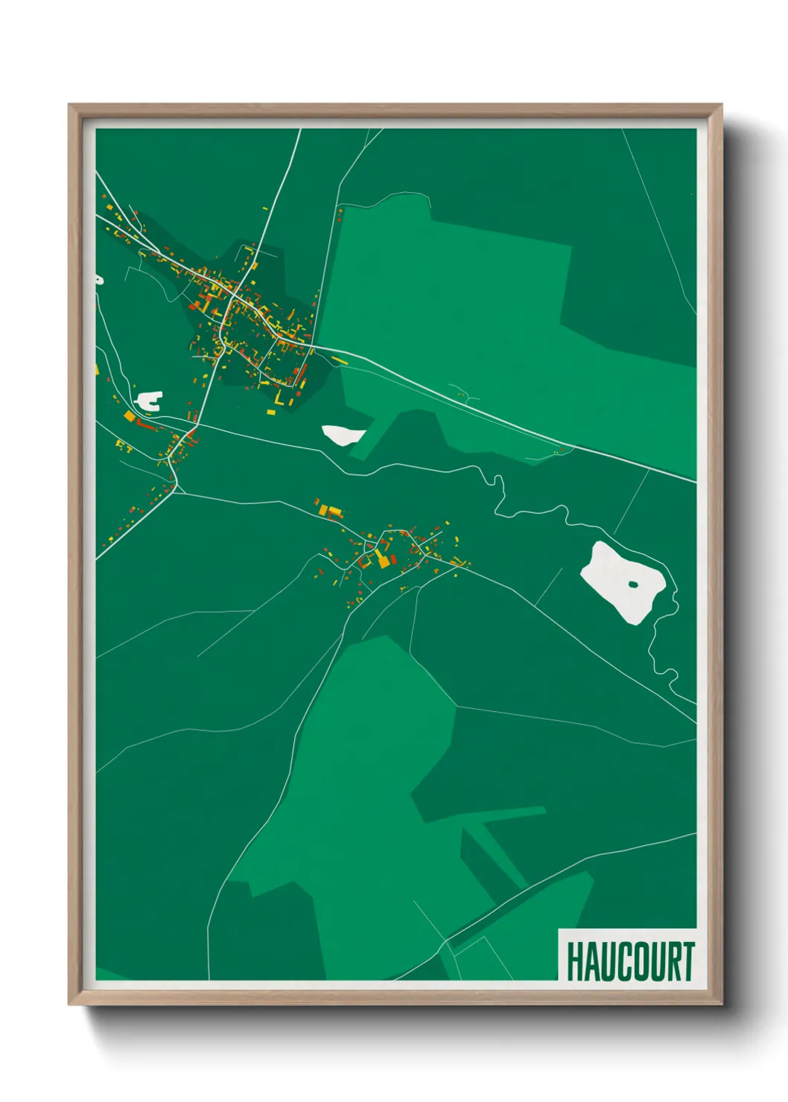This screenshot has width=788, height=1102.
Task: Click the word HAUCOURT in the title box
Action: (x=630, y=961)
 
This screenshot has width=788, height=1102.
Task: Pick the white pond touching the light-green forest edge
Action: (x=343, y=435)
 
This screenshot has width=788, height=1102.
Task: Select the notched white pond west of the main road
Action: (x=148, y=401)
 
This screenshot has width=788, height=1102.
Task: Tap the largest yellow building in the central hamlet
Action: (x=384, y=561)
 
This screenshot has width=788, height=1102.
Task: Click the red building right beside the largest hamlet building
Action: (x=393, y=558)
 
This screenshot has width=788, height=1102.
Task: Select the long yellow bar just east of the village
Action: (x=339, y=360)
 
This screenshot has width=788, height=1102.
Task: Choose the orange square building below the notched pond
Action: (x=130, y=416)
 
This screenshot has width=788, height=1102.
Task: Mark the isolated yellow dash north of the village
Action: (x=265, y=209)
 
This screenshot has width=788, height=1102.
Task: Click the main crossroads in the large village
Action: (x=232, y=299)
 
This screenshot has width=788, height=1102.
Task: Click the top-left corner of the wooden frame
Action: (x=70, y=106)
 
